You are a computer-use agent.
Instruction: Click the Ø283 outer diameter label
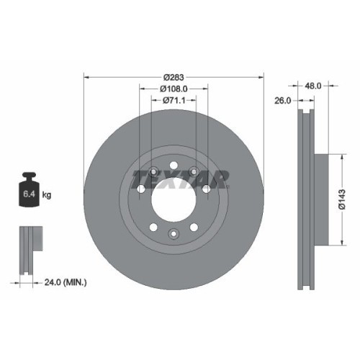tap(174, 77)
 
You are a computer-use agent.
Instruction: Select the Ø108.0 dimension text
tap(174, 89)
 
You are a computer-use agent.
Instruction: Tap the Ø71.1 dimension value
tap(174, 100)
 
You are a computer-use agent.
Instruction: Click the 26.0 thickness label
tap(282, 101)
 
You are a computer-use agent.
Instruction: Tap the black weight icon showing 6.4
tap(30, 191)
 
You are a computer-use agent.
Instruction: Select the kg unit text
tap(46, 194)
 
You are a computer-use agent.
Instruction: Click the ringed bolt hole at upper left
tap(140, 189)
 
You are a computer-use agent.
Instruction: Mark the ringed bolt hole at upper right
tap(207, 189)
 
